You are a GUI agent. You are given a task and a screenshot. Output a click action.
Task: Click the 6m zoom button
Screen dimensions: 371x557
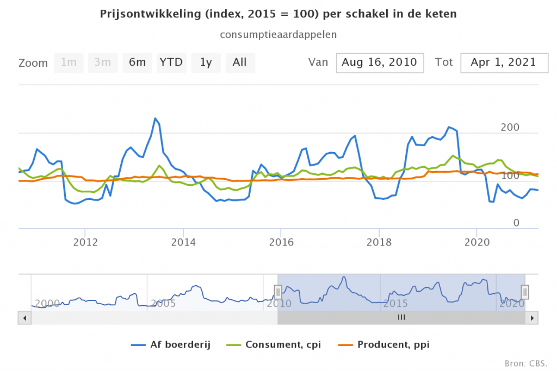pos(137,62)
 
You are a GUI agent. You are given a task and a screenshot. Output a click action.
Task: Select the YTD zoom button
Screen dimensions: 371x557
pos(171,62)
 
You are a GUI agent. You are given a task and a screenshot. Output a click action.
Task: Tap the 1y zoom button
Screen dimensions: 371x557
pos(206,62)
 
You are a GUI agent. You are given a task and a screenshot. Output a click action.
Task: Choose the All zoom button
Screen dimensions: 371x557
pos(240,62)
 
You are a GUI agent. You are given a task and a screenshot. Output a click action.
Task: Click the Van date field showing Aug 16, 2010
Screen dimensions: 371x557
pos(380,62)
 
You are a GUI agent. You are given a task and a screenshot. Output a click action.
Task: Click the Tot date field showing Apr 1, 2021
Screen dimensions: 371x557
pos(503,62)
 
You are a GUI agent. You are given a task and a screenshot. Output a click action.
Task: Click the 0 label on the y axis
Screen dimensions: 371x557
pos(517,223)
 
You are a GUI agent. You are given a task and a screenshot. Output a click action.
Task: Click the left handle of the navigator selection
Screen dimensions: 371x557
pos(278,292)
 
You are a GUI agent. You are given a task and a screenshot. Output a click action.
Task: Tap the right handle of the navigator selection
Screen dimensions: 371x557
pos(525,292)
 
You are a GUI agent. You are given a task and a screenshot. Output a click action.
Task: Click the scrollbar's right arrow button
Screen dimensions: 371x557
pos(534,318)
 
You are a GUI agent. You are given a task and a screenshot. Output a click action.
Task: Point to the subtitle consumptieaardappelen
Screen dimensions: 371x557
pos(278,34)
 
